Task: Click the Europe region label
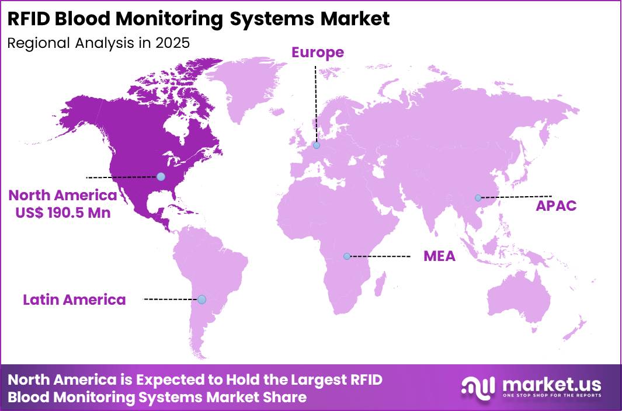pyautogui.click(x=318, y=53)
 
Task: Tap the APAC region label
pyautogui.click(x=557, y=206)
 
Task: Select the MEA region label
pyautogui.click(x=439, y=256)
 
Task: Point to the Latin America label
pyautogui.click(x=74, y=300)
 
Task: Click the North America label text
pyautogui.click(x=62, y=195)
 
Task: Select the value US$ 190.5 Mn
pyautogui.click(x=62, y=213)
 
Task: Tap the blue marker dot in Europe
pyautogui.click(x=316, y=145)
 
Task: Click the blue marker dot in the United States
pyautogui.click(x=161, y=176)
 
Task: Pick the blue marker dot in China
pyautogui.click(x=478, y=198)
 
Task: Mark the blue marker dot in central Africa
pyautogui.click(x=347, y=256)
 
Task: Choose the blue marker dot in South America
pyautogui.click(x=201, y=299)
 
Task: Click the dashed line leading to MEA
pyautogui.click(x=380, y=256)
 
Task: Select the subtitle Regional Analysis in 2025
pyautogui.click(x=98, y=43)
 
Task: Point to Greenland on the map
pyautogui.click(x=245, y=88)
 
